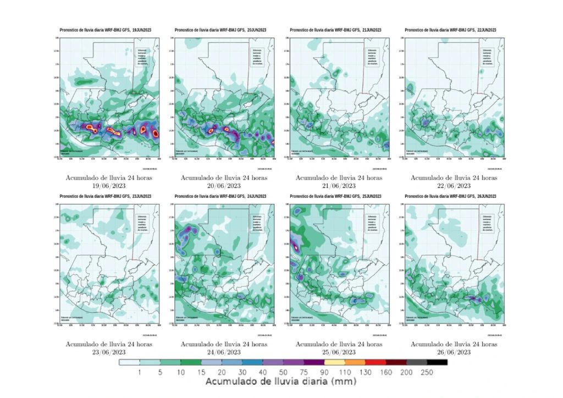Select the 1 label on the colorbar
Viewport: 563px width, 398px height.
140,372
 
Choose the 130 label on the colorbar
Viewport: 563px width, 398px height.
365,372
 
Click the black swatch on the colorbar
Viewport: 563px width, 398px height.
437,362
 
